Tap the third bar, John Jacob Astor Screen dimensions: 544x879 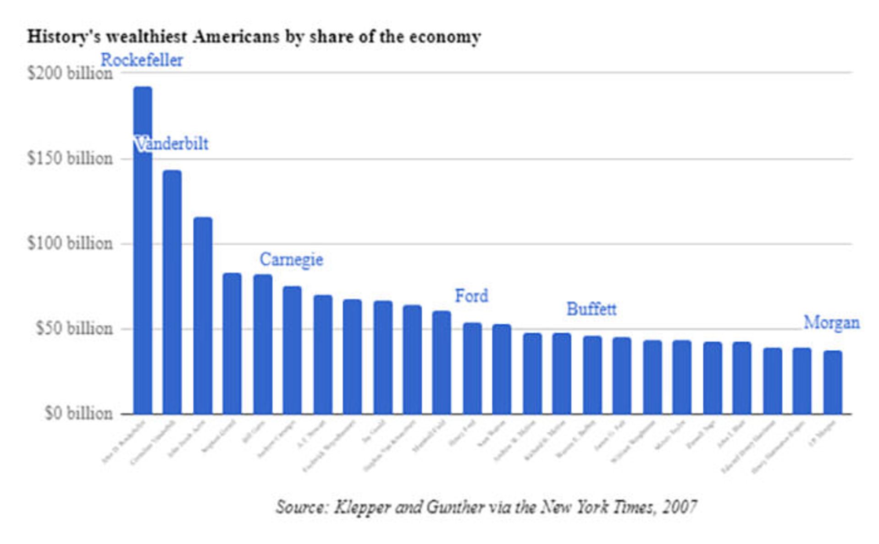coord(203,316)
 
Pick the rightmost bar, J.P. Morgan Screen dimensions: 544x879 coord(833,382)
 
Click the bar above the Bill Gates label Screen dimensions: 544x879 coord(263,344)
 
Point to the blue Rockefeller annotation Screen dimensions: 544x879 coord(141,60)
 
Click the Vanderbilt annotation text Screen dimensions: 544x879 coord(172,144)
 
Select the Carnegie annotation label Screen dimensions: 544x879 coord(291,260)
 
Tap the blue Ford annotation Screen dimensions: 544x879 coord(472,296)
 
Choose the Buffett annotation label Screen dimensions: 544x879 coord(591,309)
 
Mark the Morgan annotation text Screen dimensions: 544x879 coord(831,323)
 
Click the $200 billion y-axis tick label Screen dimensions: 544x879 coord(70,73)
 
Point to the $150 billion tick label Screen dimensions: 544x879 coord(70,158)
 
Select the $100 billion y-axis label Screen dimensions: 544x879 coord(70,243)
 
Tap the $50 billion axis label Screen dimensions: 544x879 coord(74,328)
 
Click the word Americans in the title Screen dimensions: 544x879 coord(236,36)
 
